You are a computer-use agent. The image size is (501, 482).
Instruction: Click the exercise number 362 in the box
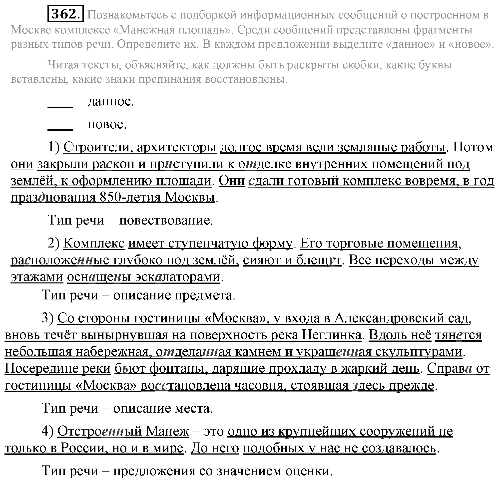click(65, 14)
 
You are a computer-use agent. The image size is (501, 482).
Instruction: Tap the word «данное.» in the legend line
click(111, 102)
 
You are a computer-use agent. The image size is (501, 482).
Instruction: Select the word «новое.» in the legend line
click(107, 125)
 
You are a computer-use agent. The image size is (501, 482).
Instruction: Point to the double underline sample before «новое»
click(60, 130)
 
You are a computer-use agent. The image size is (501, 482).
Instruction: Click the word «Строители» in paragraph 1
click(98, 147)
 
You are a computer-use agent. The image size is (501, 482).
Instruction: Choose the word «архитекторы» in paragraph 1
click(177, 147)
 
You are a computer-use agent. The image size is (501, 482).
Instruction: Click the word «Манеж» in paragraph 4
click(167, 431)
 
